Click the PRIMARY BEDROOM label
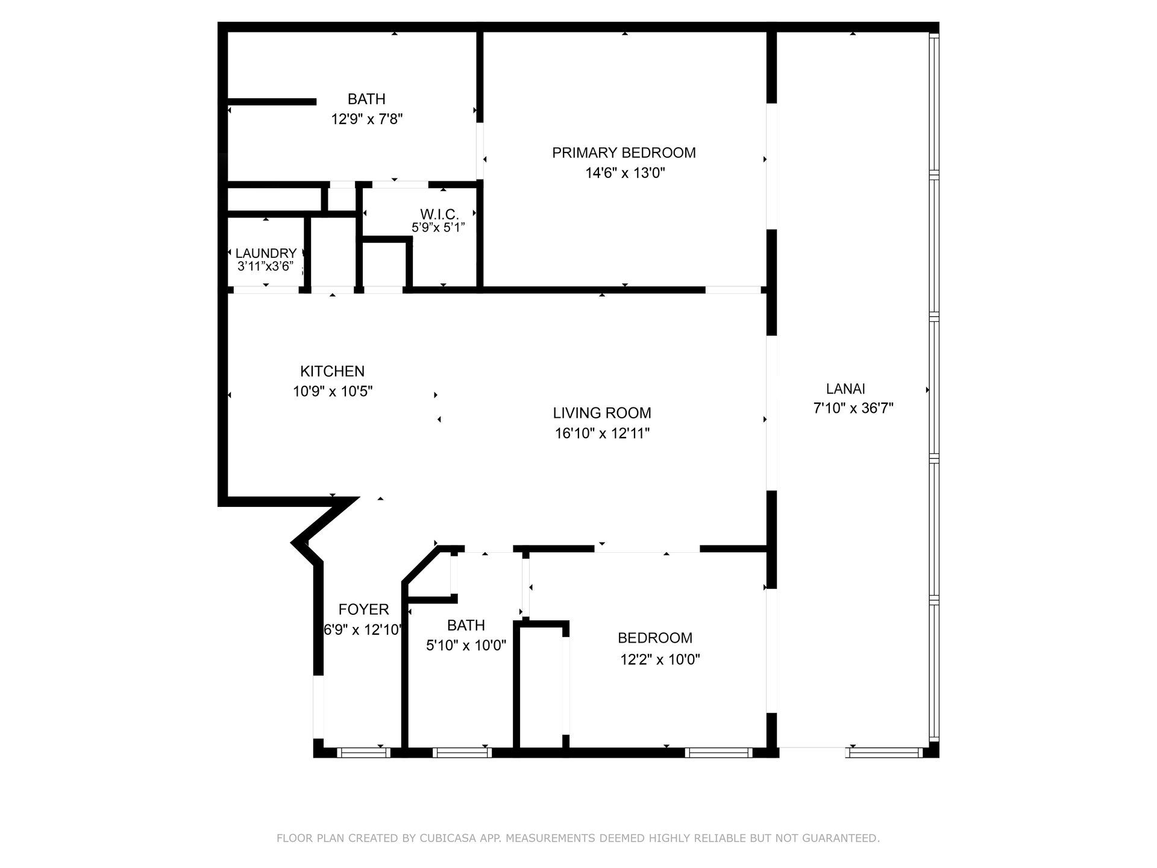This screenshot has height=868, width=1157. click(624, 153)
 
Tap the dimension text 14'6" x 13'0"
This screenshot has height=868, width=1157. click(625, 174)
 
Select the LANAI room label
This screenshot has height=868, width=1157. click(845, 389)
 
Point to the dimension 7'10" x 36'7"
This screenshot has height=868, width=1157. click(853, 409)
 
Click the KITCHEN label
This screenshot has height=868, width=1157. click(332, 371)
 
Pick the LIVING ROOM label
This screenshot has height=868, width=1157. click(602, 413)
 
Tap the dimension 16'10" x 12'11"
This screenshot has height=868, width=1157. click(602, 433)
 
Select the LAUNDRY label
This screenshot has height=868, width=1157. click(266, 254)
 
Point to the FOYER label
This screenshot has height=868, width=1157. click(363, 609)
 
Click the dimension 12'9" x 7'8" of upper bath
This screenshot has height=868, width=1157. click(366, 119)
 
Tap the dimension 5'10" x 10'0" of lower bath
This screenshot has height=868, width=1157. click(466, 646)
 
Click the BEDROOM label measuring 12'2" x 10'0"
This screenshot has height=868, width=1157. click(655, 638)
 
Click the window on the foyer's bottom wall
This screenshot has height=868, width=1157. click(363, 752)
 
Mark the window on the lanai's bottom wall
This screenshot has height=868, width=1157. click(884, 752)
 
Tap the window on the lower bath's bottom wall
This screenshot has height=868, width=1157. click(462, 752)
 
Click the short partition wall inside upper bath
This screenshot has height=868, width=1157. click(271, 102)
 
